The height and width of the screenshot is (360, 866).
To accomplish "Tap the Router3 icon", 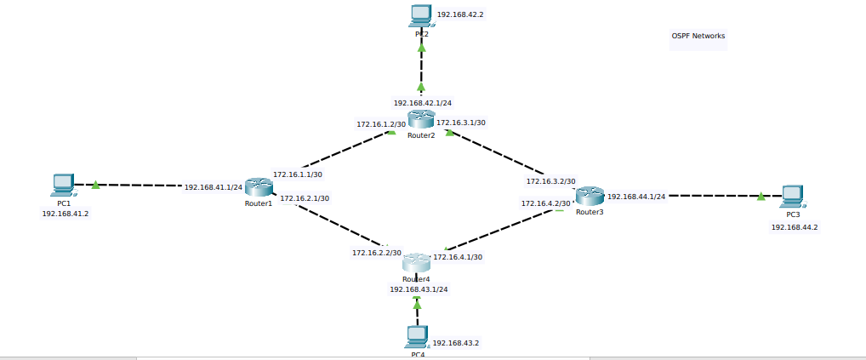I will pyautogui.click(x=589, y=197).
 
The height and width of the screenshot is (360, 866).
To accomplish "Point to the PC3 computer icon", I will pyautogui.click(x=792, y=197).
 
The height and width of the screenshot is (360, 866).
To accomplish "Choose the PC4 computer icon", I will pyautogui.click(x=417, y=337).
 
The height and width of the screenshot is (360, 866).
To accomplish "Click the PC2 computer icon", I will pyautogui.click(x=420, y=15).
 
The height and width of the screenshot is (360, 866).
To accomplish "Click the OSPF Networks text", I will pyautogui.click(x=698, y=36).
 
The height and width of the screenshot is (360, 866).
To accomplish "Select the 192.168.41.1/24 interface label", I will pyautogui.click(x=214, y=186).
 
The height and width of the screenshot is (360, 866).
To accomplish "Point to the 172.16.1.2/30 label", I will pyautogui.click(x=380, y=124).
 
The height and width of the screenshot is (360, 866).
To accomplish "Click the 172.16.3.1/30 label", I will pyautogui.click(x=461, y=123).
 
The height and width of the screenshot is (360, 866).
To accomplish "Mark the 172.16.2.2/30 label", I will pyautogui.click(x=377, y=253).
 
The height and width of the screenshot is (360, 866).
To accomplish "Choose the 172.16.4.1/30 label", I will pyautogui.click(x=458, y=257).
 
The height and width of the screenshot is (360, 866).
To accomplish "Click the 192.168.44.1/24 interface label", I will pyautogui.click(x=636, y=197).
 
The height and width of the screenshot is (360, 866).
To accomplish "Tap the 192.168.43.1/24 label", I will pyautogui.click(x=419, y=289).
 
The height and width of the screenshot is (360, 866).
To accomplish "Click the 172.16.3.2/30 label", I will pyautogui.click(x=550, y=181).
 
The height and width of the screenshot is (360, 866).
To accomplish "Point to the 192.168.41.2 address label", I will pyautogui.click(x=66, y=214).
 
